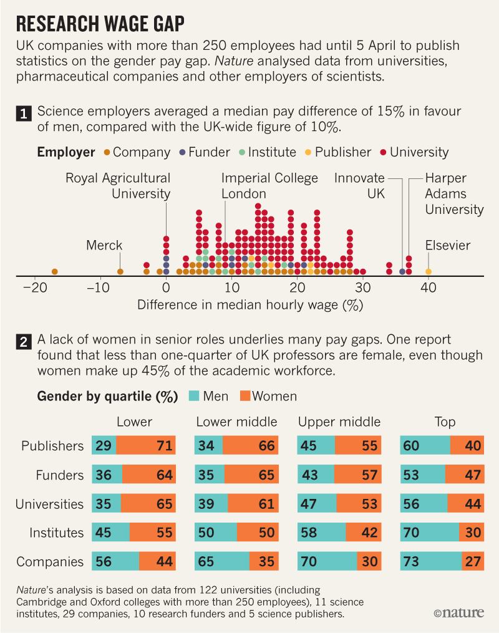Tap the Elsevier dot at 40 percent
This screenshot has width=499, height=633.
pyautogui.click(x=429, y=271)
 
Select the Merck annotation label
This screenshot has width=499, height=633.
pyautogui.click(x=104, y=245)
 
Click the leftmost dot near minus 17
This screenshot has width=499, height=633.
pyautogui.click(x=54, y=271)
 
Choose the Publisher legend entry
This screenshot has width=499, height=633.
pyautogui.click(x=337, y=152)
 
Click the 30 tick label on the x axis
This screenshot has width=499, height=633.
pyautogui.click(x=363, y=288)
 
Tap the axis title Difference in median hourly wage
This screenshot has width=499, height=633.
pyautogui.click(x=249, y=306)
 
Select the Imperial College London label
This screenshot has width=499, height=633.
pyautogui.click(x=269, y=186)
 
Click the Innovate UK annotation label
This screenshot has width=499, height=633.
pyautogui.click(x=360, y=186)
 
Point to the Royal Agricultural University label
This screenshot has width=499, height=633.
pyautogui.click(x=119, y=186)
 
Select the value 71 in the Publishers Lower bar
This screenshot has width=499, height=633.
pyautogui.click(x=164, y=446)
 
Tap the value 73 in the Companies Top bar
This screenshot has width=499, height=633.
pyautogui.click(x=410, y=561)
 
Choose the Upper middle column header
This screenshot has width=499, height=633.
pyautogui.click(x=339, y=422)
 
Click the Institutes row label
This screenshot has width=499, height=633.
pyautogui.click(x=57, y=533)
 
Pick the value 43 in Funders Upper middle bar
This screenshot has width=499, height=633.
pyautogui.click(x=310, y=475)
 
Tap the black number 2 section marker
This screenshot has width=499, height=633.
pyautogui.click(x=23, y=342)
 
